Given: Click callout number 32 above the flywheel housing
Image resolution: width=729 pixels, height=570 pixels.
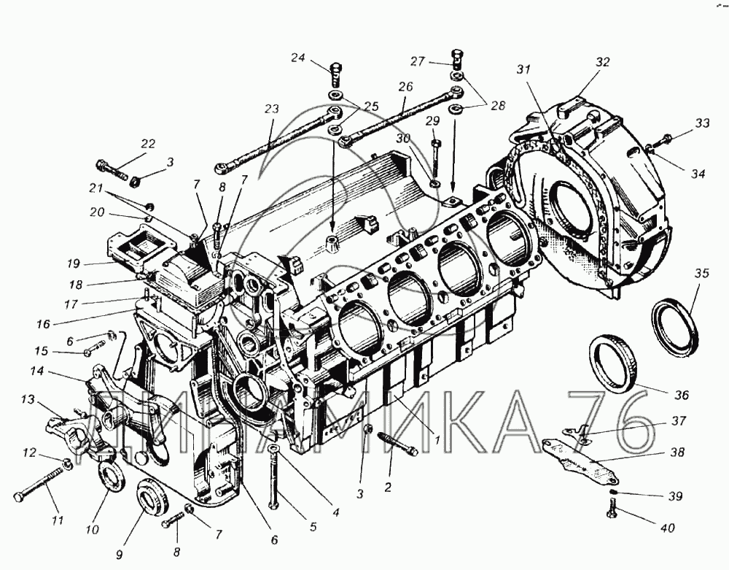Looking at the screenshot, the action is point(602,62).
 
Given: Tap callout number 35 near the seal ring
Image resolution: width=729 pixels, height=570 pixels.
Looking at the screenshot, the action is point(702,273).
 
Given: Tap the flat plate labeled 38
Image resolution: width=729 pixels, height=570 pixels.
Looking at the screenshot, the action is point(581,461).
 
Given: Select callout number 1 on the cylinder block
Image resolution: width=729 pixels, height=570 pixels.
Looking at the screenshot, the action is point(437,438).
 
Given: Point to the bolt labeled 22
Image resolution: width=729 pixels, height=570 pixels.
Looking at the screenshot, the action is point(112,170).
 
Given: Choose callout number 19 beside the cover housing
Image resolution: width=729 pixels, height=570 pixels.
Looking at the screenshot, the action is point(73,263).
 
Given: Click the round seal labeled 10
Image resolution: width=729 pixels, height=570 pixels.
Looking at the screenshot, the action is point(110,474).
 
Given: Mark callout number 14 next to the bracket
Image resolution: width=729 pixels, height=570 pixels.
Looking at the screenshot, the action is point(36,371).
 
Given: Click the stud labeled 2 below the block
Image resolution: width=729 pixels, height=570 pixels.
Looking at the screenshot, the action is point(398,443).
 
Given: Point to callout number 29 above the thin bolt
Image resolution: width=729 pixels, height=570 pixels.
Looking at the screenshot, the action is point(432,121).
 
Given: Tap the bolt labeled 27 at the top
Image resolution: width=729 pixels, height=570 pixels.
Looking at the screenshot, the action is point(456,58).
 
